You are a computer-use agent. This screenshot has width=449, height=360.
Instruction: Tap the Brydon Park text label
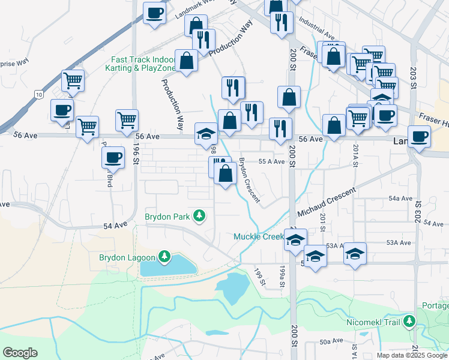[x=167, y=216]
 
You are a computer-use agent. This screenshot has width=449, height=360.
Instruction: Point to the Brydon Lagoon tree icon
[x=164, y=258]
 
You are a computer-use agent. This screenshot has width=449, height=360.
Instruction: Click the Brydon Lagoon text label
[x=127, y=258]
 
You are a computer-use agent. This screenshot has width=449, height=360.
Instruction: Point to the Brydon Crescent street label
[x=249, y=179]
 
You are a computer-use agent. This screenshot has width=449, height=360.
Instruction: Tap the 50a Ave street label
[x=331, y=341]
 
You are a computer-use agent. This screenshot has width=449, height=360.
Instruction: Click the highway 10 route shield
[x=39, y=94]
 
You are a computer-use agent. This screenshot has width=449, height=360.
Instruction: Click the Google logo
[x=20, y=353]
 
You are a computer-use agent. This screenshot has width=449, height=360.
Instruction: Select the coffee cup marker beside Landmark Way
[x=154, y=13]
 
